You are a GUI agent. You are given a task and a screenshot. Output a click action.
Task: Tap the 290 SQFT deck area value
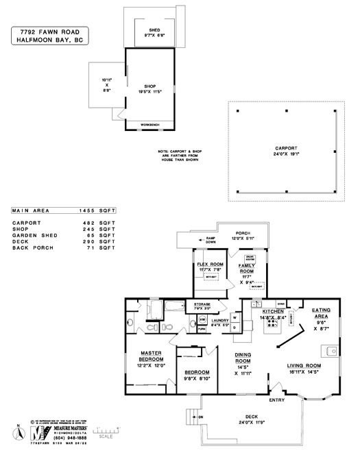point(101,241)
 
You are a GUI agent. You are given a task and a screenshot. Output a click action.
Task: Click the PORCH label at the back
point(243,232)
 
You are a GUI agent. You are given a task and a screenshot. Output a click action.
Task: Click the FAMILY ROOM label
point(246,268)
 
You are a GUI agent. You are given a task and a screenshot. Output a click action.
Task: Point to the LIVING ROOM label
point(304,366)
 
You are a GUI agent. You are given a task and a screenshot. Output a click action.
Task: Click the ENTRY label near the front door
point(277,399)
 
